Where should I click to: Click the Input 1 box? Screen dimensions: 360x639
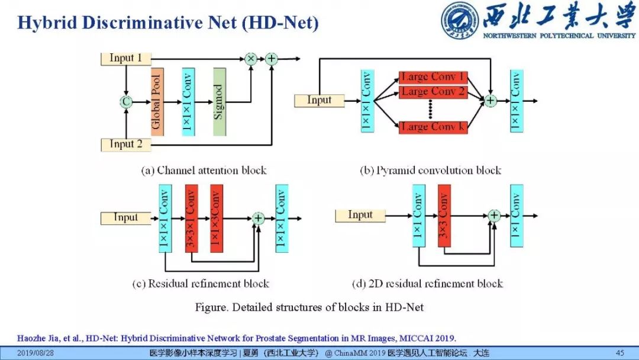click(x=125, y=59)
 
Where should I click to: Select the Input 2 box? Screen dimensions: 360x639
click(x=125, y=144)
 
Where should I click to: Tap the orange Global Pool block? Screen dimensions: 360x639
click(x=157, y=101)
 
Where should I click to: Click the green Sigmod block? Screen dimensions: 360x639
click(x=220, y=101)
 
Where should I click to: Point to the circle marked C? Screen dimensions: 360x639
click(x=125, y=102)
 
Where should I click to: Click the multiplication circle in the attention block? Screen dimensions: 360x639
click(x=250, y=59)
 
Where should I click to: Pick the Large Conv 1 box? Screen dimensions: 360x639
click(x=433, y=78)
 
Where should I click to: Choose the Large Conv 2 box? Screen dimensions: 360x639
click(x=433, y=92)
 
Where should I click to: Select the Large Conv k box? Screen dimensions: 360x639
click(x=433, y=127)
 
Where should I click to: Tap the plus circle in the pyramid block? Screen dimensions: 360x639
click(x=490, y=101)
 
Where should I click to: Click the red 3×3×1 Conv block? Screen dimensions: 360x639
click(x=191, y=218)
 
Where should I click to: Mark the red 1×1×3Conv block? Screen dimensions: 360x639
click(x=217, y=218)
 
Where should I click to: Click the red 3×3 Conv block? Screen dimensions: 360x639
click(x=444, y=216)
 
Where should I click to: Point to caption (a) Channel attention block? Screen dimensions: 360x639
click(x=204, y=171)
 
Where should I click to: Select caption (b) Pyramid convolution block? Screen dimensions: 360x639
click(x=431, y=171)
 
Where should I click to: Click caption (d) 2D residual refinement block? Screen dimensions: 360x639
click(x=427, y=284)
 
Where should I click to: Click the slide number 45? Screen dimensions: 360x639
click(x=620, y=353)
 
